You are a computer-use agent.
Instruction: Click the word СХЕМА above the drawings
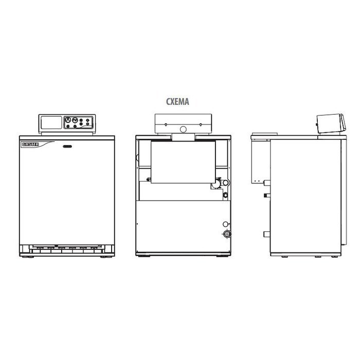point(178,102)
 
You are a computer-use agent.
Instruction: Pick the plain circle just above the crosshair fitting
point(225,224)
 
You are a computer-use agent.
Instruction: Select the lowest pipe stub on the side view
point(266,235)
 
